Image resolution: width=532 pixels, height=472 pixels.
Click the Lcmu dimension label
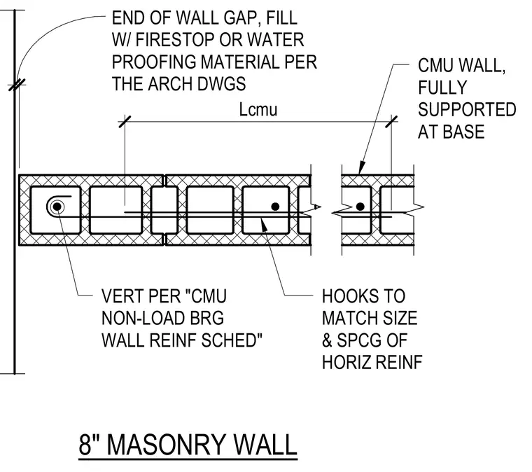[258, 110]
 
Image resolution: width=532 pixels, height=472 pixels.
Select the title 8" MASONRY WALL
[188, 445]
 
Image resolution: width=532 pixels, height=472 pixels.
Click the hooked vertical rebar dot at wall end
[57, 207]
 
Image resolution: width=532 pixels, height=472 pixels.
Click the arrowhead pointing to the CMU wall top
[363, 167]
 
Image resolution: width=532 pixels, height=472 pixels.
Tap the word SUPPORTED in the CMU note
[467, 110]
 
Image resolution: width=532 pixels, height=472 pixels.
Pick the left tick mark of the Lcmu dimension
[125, 121]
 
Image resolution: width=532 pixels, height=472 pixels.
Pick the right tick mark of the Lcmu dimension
[391, 121]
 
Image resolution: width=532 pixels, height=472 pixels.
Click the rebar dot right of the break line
[360, 207]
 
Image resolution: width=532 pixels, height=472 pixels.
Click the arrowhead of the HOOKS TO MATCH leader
[264, 225]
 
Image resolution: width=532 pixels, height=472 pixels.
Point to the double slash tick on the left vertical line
[17, 85]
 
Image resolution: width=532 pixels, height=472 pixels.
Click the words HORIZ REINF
[372, 362]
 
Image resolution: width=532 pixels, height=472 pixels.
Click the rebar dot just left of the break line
[276, 207]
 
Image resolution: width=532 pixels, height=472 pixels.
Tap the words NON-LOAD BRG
[163, 319]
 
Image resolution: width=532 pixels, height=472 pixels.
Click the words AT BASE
[451, 132]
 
